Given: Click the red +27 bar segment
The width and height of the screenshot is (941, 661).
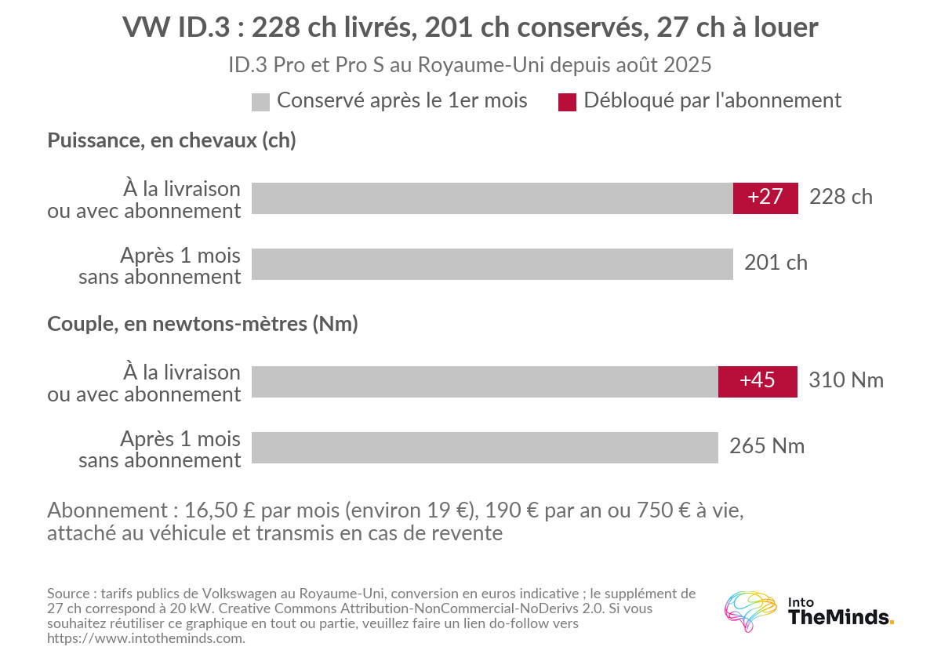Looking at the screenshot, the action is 765,198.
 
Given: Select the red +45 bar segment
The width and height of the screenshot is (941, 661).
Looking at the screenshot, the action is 758,382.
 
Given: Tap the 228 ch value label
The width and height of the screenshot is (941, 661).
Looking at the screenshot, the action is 841,197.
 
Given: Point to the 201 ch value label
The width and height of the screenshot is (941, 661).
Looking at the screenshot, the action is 776,263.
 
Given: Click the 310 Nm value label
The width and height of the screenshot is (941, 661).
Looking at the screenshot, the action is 846,380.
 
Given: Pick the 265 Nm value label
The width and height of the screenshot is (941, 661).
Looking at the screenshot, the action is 767,446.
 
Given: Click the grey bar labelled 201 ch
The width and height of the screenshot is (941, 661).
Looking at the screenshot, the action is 492,264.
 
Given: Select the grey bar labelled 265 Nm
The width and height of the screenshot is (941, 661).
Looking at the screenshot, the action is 485,448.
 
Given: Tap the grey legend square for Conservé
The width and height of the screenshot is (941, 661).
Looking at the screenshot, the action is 260,103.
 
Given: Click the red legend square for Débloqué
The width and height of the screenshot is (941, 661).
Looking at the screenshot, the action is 567,103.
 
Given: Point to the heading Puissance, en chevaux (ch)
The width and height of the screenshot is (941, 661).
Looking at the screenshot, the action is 172,140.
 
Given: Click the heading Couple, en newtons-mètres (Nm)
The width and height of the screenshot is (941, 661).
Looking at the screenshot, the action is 202,324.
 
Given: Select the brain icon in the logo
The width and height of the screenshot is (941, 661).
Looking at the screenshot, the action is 750,611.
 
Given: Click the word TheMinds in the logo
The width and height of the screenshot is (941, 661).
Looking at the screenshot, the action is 840,617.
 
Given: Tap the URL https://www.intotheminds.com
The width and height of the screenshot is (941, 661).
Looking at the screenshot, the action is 145,639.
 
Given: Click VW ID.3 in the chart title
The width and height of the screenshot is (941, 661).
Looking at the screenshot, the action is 176,27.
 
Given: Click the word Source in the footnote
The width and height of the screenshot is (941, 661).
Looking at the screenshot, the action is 68,594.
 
